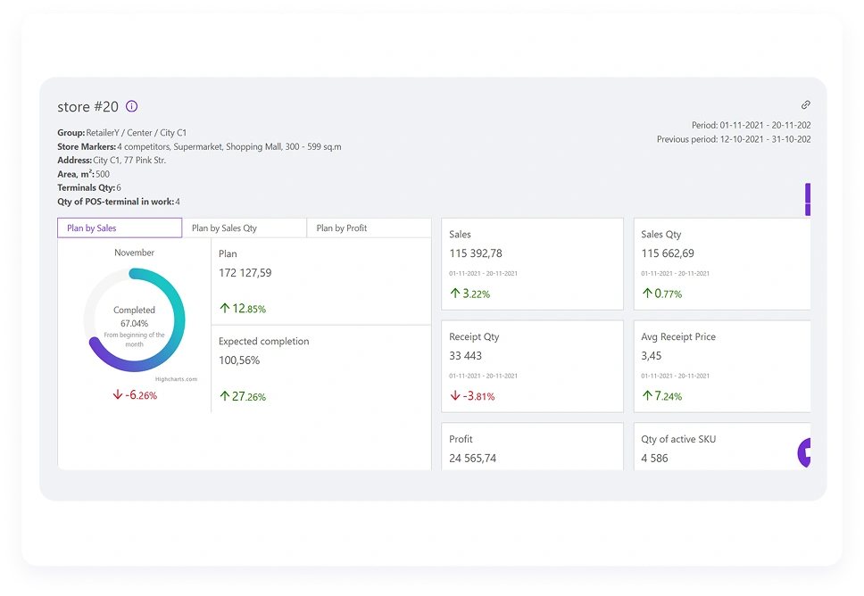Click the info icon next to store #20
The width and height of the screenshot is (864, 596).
tap(131, 106)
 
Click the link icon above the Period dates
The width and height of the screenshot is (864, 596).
tap(805, 105)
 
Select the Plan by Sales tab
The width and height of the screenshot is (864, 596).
tap(120, 228)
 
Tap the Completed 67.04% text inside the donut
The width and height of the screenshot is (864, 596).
tap(134, 317)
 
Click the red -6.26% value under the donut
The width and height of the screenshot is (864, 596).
tap(135, 395)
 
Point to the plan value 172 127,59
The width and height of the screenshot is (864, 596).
tap(245, 273)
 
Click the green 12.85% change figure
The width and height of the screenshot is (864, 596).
tap(243, 309)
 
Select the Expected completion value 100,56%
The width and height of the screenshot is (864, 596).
tap(239, 360)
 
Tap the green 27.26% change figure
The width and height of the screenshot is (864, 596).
tap(243, 396)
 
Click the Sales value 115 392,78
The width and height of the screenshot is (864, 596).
tap(476, 253)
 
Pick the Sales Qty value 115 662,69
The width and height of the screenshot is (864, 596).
tap(668, 253)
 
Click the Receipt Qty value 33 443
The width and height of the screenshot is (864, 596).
tap(465, 356)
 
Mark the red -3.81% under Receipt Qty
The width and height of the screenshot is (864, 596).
tap(472, 396)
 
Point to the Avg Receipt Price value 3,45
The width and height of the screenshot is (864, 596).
tap(651, 356)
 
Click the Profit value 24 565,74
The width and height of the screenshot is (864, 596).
tap(473, 459)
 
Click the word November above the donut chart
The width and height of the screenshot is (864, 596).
tap(134, 253)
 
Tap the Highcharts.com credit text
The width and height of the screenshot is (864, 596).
tap(176, 379)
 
